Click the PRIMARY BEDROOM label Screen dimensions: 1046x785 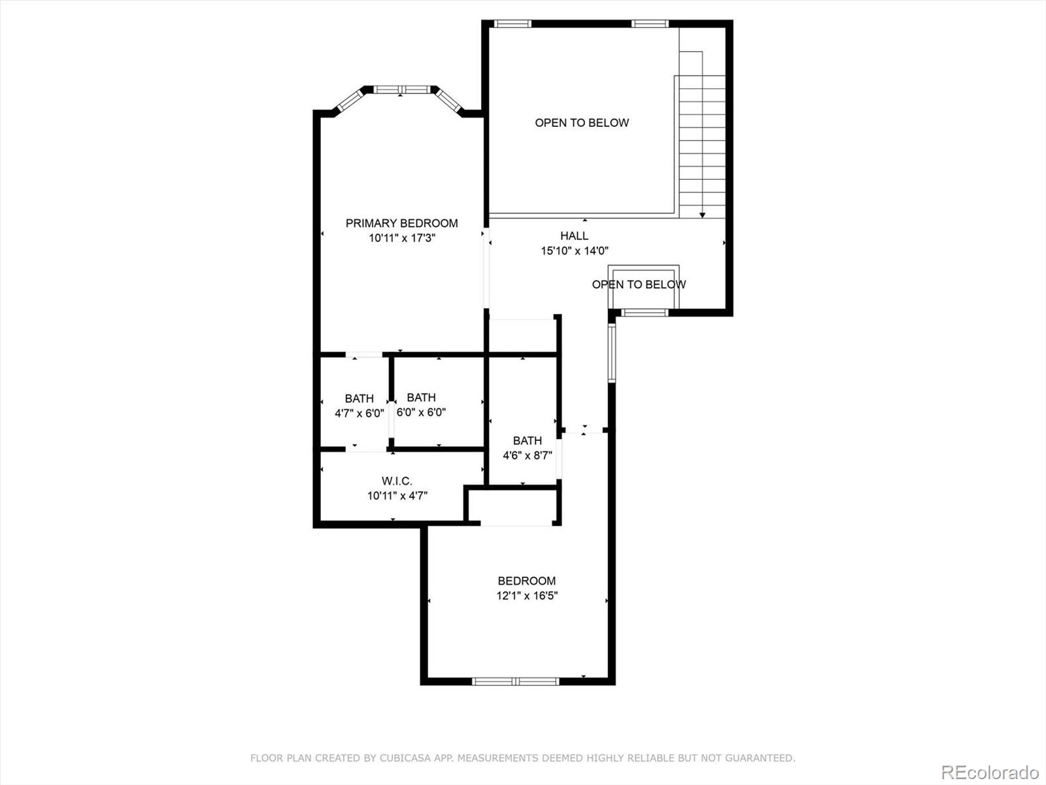click(x=401, y=223)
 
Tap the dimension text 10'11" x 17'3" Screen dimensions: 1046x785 click(x=402, y=238)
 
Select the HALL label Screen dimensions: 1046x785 click(x=574, y=235)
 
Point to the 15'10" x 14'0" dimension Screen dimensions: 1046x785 click(x=575, y=251)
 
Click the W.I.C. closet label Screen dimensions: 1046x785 click(x=397, y=481)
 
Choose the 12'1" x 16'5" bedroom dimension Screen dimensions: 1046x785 click(x=527, y=596)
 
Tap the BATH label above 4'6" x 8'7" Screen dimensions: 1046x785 click(x=528, y=440)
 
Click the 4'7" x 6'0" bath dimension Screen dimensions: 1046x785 click(x=360, y=413)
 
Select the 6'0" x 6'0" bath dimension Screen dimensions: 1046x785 click(x=421, y=412)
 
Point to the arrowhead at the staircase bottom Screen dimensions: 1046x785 click(x=702, y=215)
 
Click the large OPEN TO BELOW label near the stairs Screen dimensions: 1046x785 click(x=582, y=123)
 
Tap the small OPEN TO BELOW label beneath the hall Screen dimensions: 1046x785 click(x=639, y=285)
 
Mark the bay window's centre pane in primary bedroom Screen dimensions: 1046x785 click(x=401, y=90)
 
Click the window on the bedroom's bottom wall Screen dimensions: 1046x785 click(x=515, y=682)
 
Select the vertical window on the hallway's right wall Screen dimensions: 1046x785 click(x=612, y=353)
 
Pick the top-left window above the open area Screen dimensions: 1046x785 click(x=513, y=24)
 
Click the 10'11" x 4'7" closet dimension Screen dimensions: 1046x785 click(x=397, y=496)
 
